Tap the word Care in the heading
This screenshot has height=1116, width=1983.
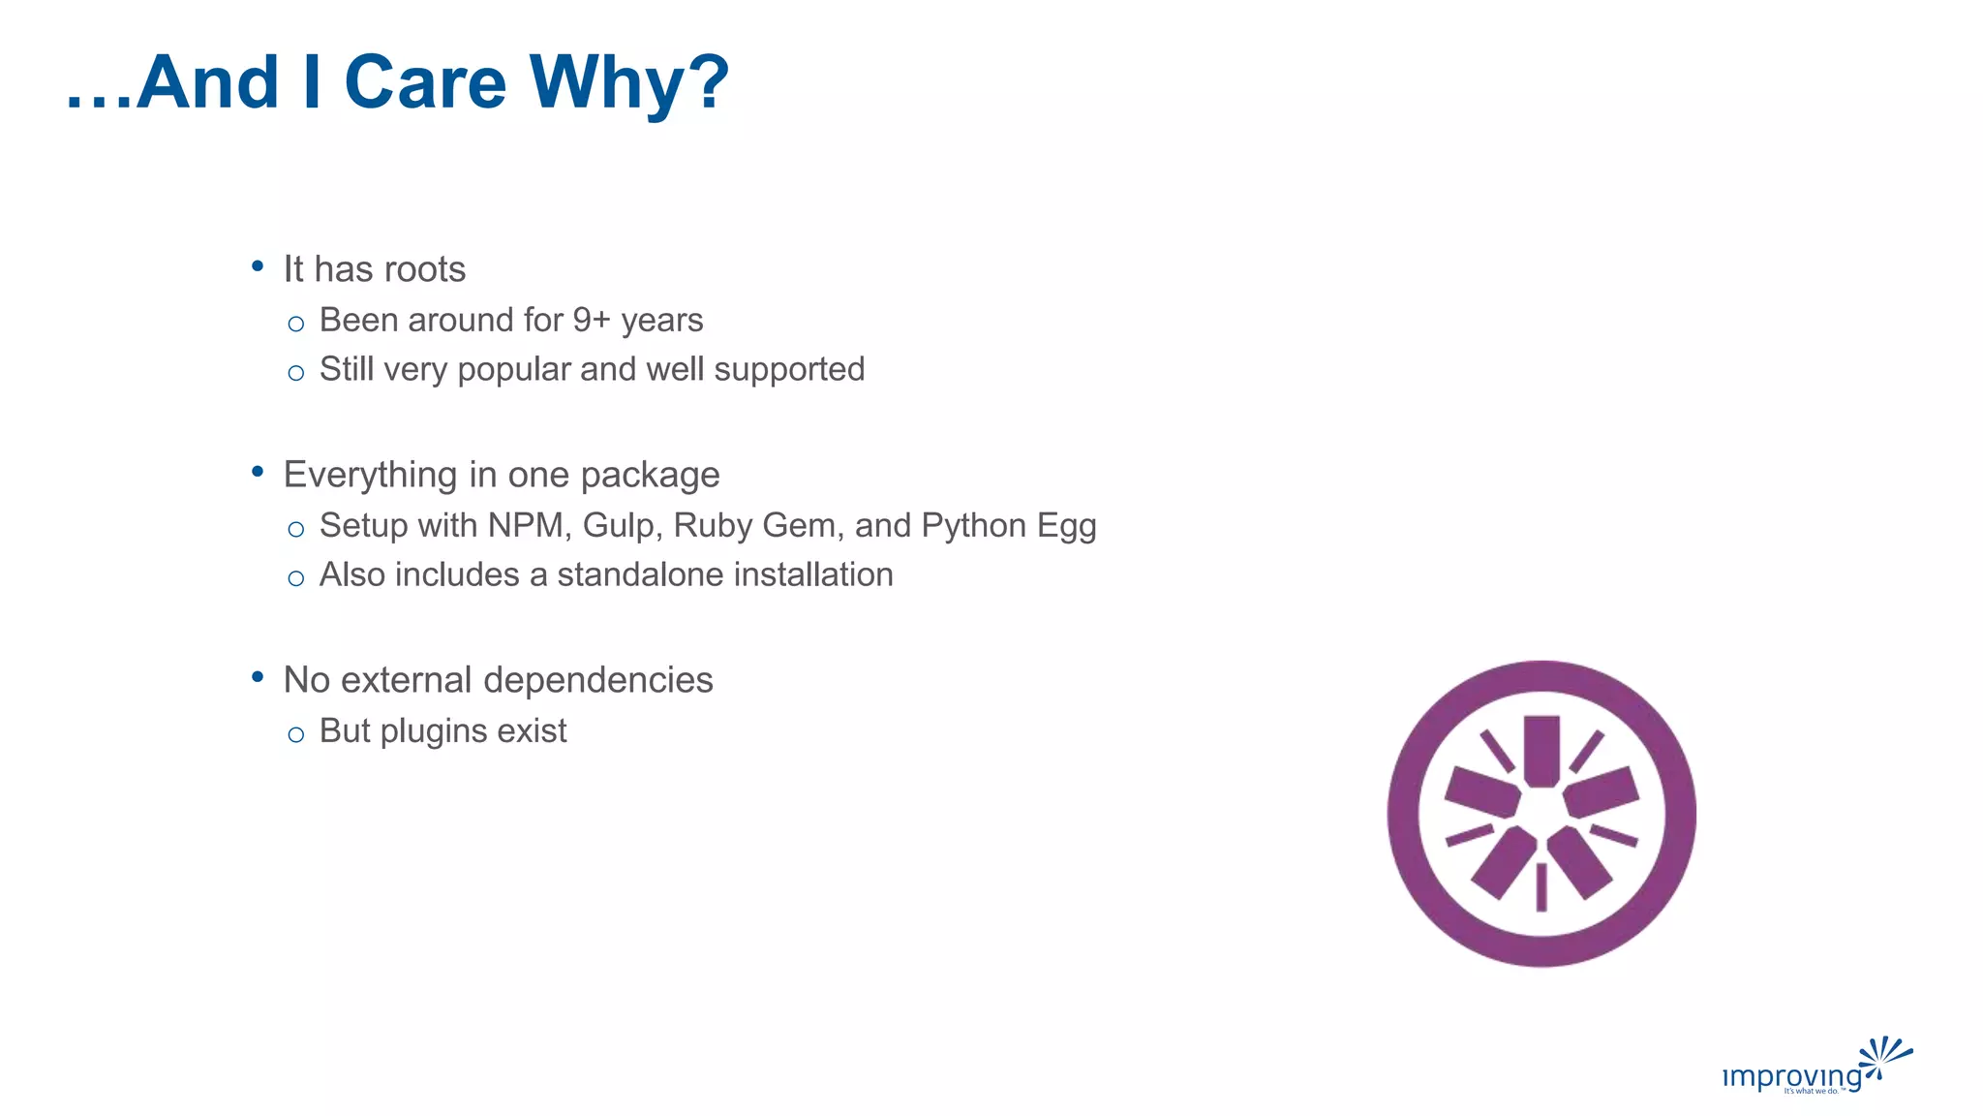425,82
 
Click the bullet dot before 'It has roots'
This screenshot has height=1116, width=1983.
258,265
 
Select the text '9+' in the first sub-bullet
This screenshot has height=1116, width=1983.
591,320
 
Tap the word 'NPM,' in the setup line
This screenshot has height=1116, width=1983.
529,525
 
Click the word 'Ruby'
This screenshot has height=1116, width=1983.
712,525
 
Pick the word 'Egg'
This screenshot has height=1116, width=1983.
1066,527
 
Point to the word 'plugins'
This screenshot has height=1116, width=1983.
434,731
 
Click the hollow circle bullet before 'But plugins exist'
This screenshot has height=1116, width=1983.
296,734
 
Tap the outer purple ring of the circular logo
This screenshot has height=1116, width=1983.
1404,814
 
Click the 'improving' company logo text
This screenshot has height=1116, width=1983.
1791,1076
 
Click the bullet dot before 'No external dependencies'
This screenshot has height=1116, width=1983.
258,677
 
